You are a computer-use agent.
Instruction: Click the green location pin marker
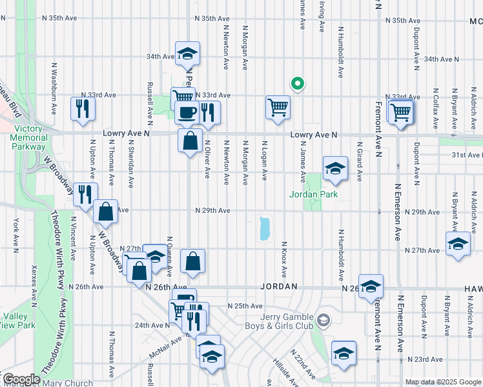[297, 83]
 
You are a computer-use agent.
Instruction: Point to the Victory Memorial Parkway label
[29, 137]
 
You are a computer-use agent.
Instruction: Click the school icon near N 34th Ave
[187, 54]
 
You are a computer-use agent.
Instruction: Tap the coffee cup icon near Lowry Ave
[187, 113]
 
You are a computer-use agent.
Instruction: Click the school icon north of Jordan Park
[334, 169]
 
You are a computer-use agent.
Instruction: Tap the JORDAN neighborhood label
[279, 286]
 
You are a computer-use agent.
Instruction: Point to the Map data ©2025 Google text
[444, 382]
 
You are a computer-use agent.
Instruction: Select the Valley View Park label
[17, 321]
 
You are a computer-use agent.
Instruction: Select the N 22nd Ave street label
[303, 364]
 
